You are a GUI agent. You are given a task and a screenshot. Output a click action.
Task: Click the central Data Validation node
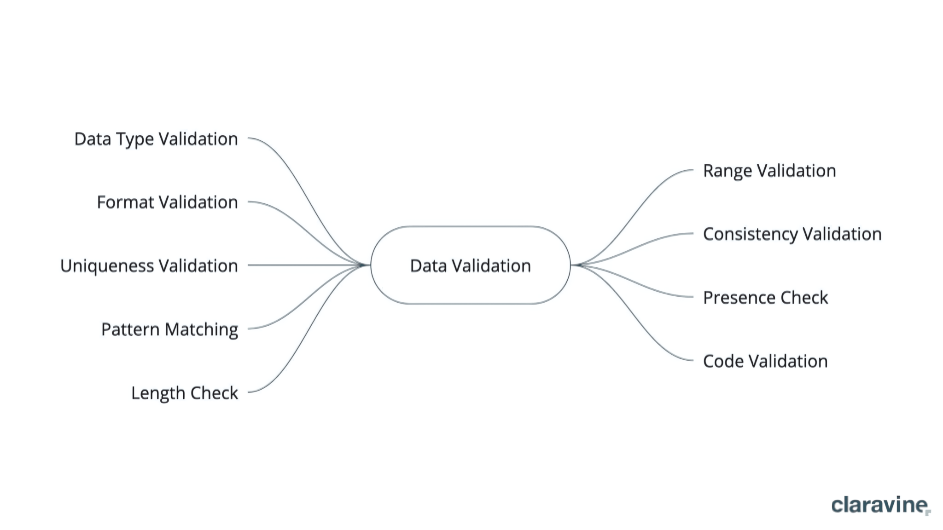(x=470, y=265)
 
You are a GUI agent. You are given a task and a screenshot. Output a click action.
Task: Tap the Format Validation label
(x=167, y=202)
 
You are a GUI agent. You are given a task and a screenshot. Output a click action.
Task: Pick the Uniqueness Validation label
(x=149, y=266)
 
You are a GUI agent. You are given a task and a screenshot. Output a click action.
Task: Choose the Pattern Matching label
(x=170, y=330)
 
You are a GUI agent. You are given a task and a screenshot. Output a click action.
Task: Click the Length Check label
(x=185, y=393)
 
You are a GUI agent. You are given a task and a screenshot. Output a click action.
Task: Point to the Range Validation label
(x=769, y=171)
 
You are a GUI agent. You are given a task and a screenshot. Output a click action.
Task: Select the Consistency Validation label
(x=792, y=235)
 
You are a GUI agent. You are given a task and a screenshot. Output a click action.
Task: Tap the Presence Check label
(x=765, y=298)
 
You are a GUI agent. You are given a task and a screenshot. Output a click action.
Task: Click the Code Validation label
(x=765, y=361)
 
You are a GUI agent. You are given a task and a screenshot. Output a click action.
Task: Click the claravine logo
(x=881, y=505)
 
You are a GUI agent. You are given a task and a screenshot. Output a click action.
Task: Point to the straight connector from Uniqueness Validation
(x=309, y=265)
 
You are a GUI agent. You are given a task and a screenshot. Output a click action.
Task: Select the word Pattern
(x=130, y=329)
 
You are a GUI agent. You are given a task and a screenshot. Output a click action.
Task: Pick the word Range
(x=728, y=171)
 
